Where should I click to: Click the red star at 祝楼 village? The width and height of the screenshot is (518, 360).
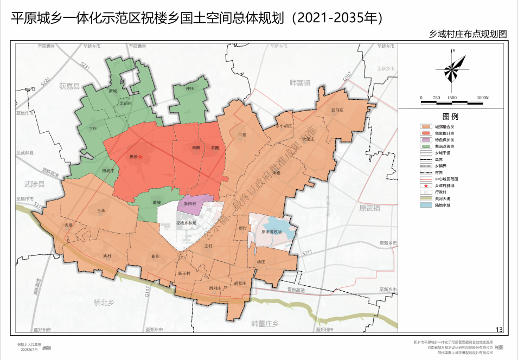[x=140, y=157]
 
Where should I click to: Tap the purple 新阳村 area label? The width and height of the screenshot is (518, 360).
[x=191, y=204]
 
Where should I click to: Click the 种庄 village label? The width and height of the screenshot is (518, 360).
[x=190, y=88]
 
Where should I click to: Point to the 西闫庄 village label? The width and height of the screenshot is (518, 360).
[x=337, y=110]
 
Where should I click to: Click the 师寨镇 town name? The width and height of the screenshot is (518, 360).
[x=300, y=83]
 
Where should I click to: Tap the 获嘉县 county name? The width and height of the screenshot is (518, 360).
[x=69, y=86]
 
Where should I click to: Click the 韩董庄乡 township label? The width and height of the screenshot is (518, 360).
[x=265, y=324]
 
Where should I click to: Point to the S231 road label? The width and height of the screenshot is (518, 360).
[x=84, y=65]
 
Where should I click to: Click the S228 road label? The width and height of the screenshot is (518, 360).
[x=46, y=82]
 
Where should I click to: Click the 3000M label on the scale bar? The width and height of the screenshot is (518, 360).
[x=482, y=98]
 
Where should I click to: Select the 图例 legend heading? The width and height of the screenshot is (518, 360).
[x=450, y=117]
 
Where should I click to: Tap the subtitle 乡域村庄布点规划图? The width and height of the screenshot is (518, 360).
[x=468, y=34]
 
